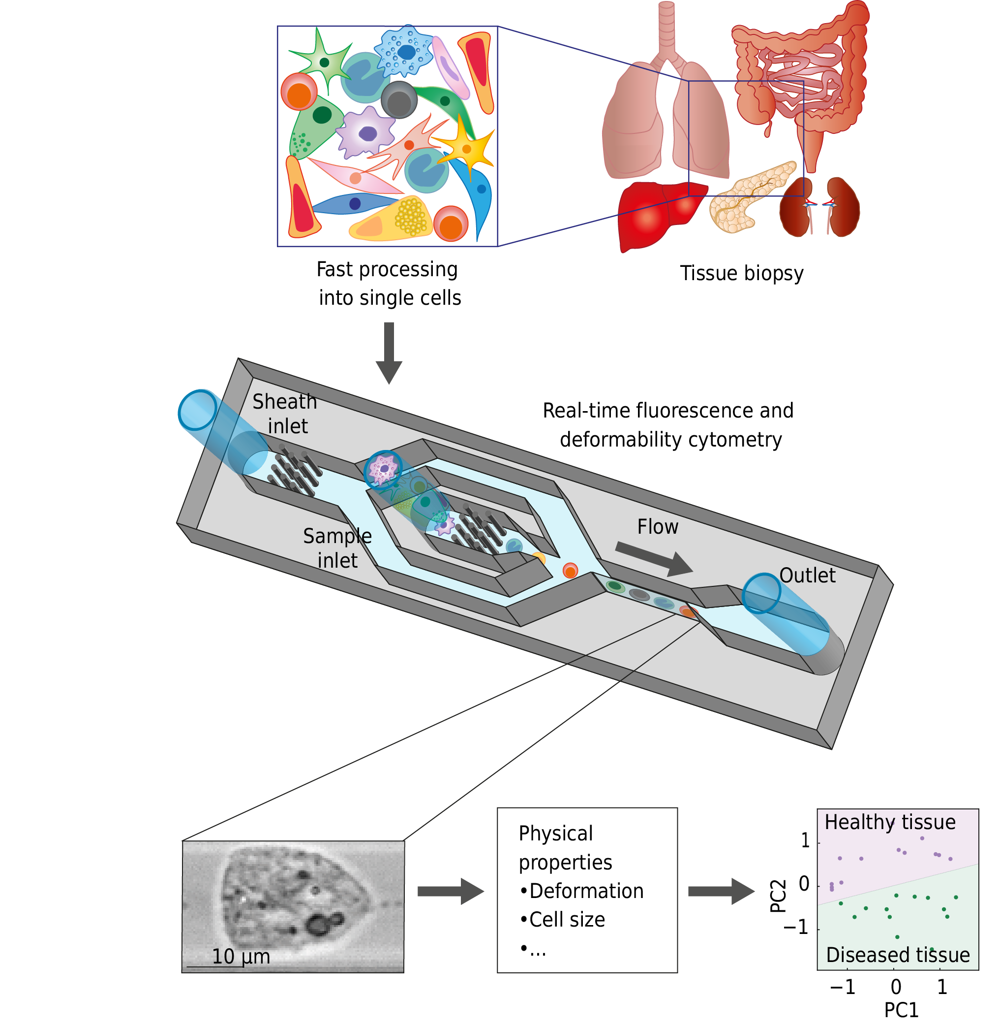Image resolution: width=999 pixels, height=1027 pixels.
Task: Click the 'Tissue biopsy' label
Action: [741, 274]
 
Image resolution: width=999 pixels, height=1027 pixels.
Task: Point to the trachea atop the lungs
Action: [667, 26]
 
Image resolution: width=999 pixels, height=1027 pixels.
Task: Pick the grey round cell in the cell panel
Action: [399, 100]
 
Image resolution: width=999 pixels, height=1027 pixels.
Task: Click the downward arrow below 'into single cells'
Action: [389, 352]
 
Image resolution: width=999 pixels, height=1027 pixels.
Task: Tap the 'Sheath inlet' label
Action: [285, 414]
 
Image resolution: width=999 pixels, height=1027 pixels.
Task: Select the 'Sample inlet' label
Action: [337, 547]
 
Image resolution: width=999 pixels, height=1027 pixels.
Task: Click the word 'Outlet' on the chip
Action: [807, 576]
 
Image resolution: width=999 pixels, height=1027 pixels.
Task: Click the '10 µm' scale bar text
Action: [241, 956]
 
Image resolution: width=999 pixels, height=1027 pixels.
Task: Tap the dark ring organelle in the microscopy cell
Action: [317, 925]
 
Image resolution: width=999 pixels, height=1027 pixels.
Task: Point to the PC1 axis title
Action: [901, 1010]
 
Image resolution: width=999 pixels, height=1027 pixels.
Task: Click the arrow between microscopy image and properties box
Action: [450, 891]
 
